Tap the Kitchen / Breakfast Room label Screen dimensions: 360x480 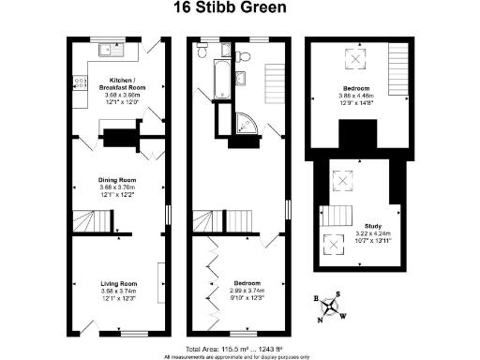pyautogui.click(x=126, y=82)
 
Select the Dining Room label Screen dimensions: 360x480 pyautogui.click(x=119, y=179)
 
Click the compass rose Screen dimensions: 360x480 pyautogui.click(x=330, y=305)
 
